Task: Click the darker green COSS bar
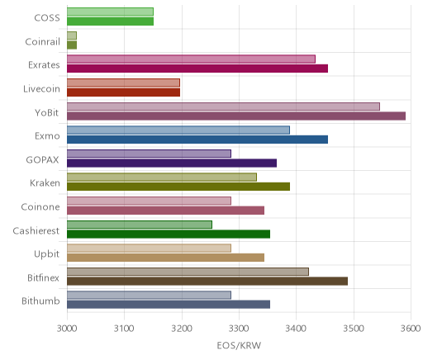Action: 110,21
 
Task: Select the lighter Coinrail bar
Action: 72,36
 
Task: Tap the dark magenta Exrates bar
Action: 197,69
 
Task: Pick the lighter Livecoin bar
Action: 123,83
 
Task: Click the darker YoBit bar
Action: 236,116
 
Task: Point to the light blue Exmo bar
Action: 178,130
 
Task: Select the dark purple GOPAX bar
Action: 172,163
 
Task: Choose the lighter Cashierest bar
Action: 140,225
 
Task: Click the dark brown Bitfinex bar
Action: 207,281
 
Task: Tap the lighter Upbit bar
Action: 149,248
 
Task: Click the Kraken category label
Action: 45,183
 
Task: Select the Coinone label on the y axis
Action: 40,206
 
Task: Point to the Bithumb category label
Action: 40,301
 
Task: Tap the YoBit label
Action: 46,112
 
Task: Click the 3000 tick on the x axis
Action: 67,329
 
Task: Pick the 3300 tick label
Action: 239,329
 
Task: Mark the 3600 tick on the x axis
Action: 411,329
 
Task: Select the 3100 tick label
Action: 124,329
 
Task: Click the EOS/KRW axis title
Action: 239,345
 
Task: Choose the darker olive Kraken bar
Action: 178,187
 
